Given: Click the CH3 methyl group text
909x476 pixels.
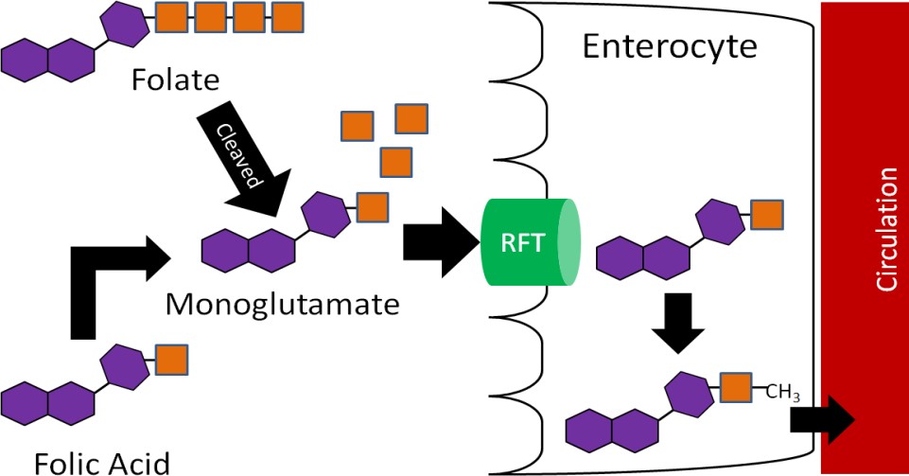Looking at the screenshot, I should [784, 393].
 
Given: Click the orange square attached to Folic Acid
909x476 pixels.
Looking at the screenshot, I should [171, 360].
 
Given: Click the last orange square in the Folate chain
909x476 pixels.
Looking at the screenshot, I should [287, 16].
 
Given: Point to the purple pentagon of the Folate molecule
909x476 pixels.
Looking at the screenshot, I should [125, 24].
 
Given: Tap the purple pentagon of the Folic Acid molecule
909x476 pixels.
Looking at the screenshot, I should [125, 366].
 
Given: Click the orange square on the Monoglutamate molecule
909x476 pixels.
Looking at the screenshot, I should [373, 205].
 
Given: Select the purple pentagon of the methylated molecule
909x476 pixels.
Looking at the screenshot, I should [688, 394].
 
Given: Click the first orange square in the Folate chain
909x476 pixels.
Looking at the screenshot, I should [170, 16].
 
